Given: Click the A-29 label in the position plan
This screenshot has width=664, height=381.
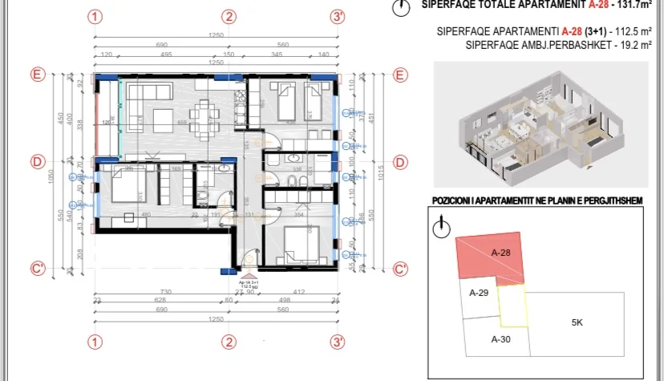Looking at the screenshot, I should [479, 292].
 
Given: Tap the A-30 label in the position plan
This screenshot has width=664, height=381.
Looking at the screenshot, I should [500, 338].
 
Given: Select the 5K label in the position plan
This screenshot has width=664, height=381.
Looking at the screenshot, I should [577, 323].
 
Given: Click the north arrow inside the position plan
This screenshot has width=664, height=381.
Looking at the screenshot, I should [439, 228].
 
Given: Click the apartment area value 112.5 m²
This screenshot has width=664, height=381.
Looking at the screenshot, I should [632, 31].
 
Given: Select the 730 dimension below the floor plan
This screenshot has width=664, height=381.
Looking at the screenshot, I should [165, 292].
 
